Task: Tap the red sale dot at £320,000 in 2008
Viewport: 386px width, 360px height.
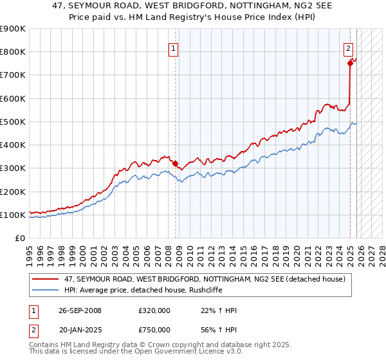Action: click(x=175, y=163)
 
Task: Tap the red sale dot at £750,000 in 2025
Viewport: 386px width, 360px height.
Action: click(x=350, y=63)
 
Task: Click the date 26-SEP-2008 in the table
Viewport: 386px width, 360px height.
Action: click(x=80, y=310)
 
